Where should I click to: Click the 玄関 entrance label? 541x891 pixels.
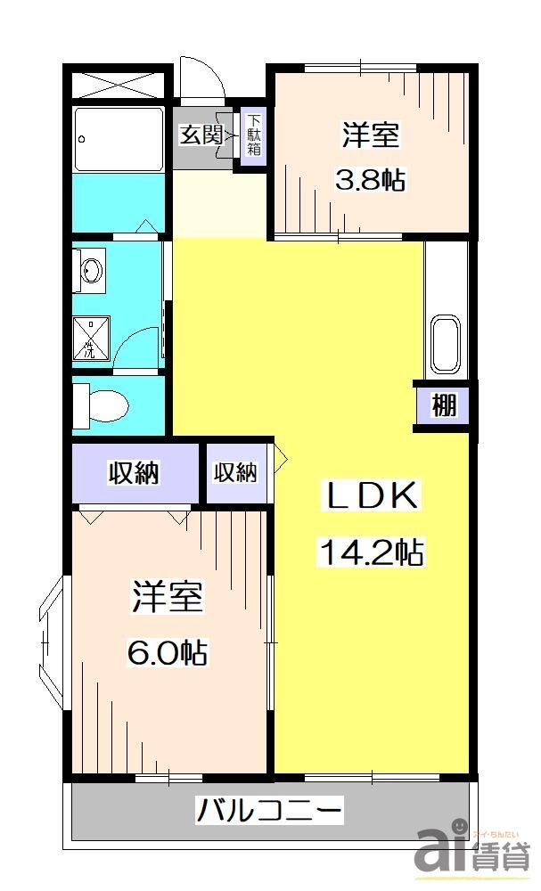coord(201,135)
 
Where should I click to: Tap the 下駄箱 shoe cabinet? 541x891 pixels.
coord(254,136)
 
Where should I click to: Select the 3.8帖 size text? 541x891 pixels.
coord(370,180)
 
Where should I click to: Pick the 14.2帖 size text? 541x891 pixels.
coord(370,554)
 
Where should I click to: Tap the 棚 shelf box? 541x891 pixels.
coord(445,406)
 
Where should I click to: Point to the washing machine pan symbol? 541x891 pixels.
coord(92,338)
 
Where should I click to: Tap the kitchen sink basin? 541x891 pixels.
coord(444,344)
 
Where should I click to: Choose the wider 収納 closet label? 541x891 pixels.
coord(134,473)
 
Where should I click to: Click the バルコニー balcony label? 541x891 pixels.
coord(269,812)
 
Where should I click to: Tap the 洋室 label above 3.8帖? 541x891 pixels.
coord(370,136)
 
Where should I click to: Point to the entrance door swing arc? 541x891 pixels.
coord(201,78)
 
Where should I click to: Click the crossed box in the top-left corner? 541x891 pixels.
coord(119,85)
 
